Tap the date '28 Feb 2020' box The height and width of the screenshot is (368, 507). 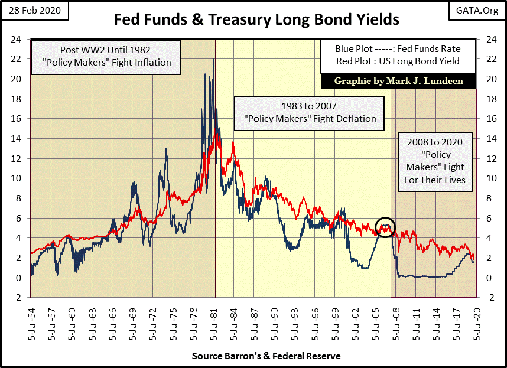click(35, 11)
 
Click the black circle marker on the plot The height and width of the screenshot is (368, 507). click(385, 227)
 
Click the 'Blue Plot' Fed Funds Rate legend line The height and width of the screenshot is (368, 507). click(398, 49)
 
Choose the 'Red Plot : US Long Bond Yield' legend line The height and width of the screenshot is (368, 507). click(398, 61)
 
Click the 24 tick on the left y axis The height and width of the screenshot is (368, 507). click(18, 39)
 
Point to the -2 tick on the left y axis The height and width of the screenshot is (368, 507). click(18, 298)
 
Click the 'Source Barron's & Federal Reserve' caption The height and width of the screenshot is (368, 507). click(266, 356)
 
